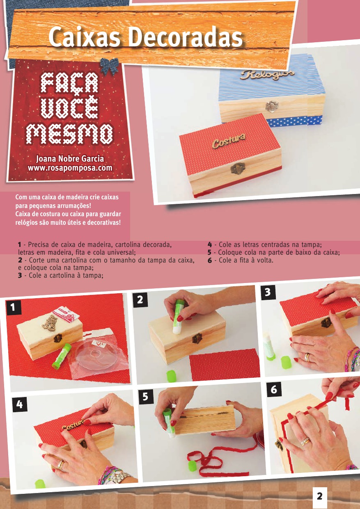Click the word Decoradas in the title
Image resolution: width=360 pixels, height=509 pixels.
tap(186, 37)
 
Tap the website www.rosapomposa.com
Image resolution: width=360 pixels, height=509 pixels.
tap(70, 168)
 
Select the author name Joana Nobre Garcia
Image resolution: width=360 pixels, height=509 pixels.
tap(70, 159)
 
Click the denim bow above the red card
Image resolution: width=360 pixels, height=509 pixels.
tap(109, 66)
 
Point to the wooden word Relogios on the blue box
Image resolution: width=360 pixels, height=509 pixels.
tap(268, 75)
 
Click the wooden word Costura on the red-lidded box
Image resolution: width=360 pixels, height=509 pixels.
tap(229, 140)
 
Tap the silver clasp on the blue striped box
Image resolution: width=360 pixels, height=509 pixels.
tap(270, 107)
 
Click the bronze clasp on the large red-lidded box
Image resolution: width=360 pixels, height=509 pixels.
tap(237, 169)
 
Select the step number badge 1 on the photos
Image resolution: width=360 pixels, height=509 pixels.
tap(14, 308)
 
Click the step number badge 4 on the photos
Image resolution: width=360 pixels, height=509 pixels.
tap(20, 404)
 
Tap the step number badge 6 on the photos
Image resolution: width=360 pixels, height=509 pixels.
tap(274, 390)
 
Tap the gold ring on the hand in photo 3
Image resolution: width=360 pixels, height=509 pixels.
tap(307, 357)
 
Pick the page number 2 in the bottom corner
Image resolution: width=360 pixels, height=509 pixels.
tap(319, 496)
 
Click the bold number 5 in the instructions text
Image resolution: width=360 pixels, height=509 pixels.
tap(209, 253)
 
